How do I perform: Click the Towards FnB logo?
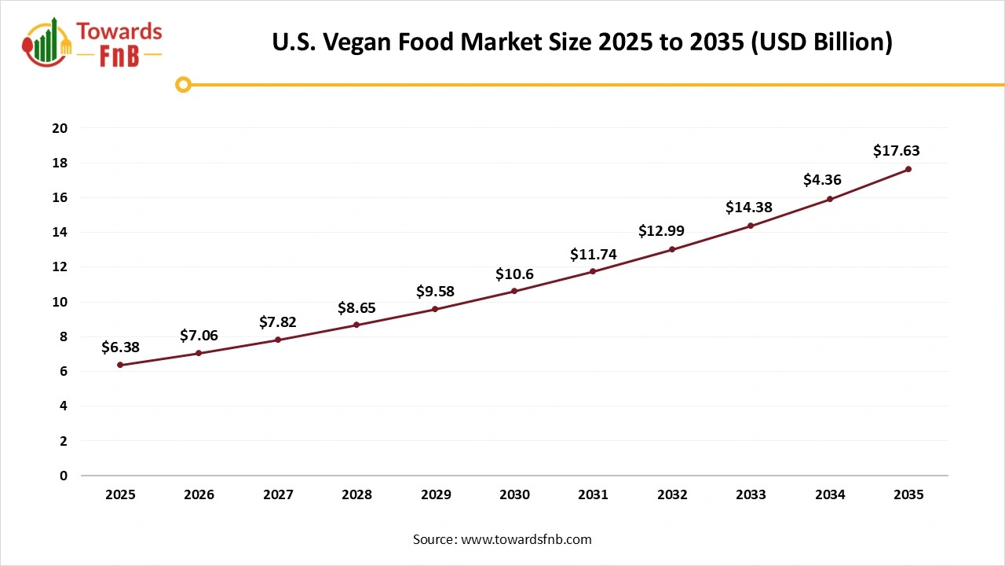coord(93,42)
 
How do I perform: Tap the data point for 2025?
coord(120,365)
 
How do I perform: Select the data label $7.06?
coord(199,336)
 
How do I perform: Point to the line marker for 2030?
coord(514,291)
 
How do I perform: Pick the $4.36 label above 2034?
coord(822,180)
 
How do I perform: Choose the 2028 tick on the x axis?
coord(356,494)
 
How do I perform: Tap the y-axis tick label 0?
coord(64,476)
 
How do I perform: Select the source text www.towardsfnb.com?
coord(526,539)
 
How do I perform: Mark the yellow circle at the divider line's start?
coord(183,84)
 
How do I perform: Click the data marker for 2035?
coord(908,169)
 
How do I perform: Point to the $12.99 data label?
coord(661,231)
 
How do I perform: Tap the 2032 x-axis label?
coord(672,494)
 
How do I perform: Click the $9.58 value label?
coord(435,292)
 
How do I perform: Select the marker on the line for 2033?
coord(751,226)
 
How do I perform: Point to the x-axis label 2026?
coord(199,494)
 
